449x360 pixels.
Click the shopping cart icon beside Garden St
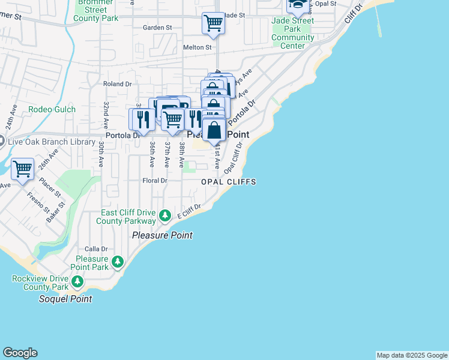tap(212, 23)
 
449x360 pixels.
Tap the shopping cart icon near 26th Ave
tap(22, 169)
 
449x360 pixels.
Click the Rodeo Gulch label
tap(52, 110)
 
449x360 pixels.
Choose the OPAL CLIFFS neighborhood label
tap(229, 182)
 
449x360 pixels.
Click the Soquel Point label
tap(65, 299)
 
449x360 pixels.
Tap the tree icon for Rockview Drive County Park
tap(77, 281)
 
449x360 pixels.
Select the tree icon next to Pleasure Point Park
tap(118, 262)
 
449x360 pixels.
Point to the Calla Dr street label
tap(96, 248)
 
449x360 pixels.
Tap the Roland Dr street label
tap(117, 85)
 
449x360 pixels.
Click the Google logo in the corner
tap(20, 353)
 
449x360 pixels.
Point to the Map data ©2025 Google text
tap(412, 355)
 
